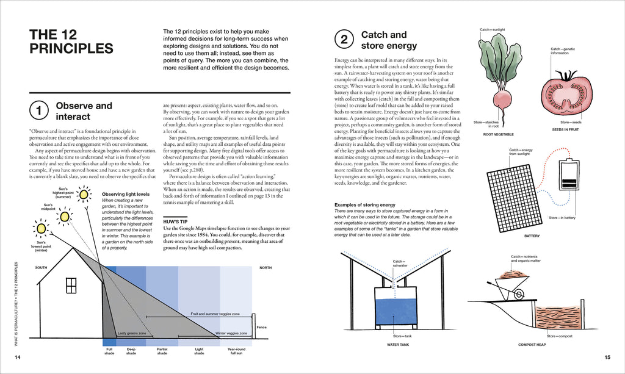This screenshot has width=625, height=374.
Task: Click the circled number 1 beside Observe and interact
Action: point(39,111)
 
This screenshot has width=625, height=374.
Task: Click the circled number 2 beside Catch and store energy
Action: point(344,40)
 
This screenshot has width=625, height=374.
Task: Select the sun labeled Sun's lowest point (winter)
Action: point(41,228)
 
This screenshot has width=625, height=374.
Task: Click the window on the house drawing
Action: point(71,285)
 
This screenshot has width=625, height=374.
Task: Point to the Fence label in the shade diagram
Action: point(262,328)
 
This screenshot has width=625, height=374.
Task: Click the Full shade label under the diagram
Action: point(109,351)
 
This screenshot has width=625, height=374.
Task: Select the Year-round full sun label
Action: point(236,351)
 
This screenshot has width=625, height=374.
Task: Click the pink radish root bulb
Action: point(502,99)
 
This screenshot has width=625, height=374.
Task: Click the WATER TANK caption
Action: point(398,344)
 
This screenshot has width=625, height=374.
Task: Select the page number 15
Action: point(607,357)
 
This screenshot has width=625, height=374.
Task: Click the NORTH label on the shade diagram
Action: point(266,268)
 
